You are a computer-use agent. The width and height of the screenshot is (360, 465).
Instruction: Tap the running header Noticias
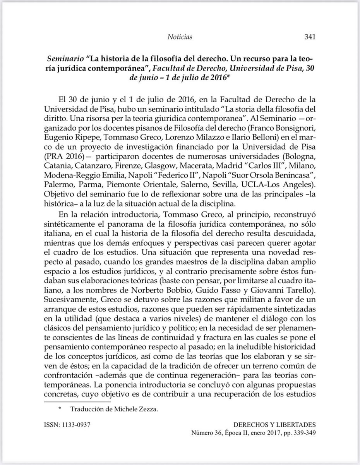coord(180,37)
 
